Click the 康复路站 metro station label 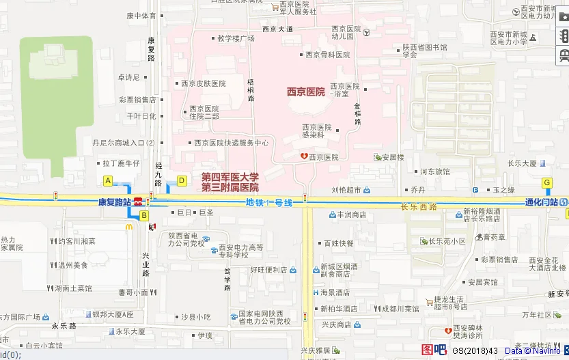click(114, 202)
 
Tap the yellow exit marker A click(107, 180)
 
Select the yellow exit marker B click(144, 216)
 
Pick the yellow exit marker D click(182, 180)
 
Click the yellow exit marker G click(546, 182)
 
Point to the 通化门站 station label click(541, 202)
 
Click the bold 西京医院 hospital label click(305, 92)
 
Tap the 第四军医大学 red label click(230, 177)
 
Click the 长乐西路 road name click(418, 207)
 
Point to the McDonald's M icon click(128, 225)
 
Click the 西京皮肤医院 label click(203, 83)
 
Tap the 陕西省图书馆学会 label click(424, 51)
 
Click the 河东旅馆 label click(434, 171)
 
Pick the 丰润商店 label click(352, 214)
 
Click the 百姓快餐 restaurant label click(339, 243)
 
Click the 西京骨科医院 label click(327, 55)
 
